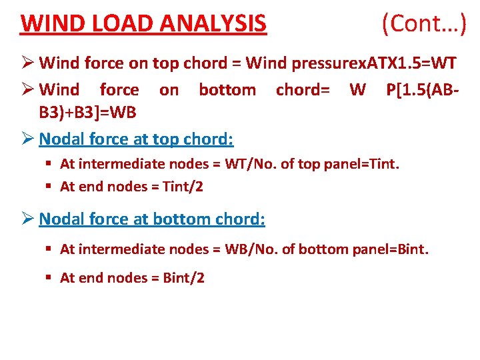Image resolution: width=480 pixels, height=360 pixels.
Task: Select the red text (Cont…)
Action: pyautogui.click(x=424, y=23)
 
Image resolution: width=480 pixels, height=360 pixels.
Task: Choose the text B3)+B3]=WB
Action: pyautogui.click(x=88, y=113)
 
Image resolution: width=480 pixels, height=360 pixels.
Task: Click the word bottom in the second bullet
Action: pyautogui.click(x=227, y=89)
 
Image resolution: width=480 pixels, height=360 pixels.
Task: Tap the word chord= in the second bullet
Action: pyautogui.click(x=303, y=89)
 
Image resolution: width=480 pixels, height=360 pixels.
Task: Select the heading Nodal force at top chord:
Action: pyautogui.click(x=137, y=139)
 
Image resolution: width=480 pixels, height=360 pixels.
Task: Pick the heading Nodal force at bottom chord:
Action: pyautogui.click(x=152, y=219)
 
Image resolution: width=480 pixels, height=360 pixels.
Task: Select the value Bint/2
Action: pyautogui.click(x=183, y=278)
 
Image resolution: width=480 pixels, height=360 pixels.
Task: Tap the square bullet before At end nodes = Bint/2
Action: pyautogui.click(x=50, y=278)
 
